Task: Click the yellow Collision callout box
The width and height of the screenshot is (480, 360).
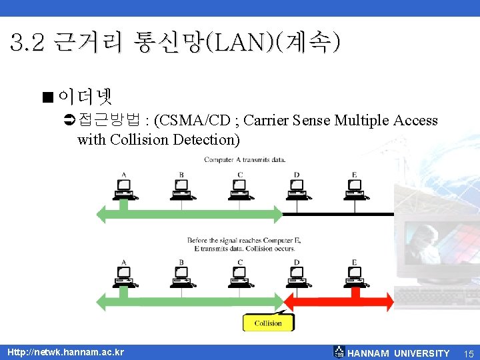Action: click(268, 323)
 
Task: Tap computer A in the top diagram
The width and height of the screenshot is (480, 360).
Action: click(123, 189)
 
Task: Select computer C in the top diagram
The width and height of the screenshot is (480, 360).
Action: click(239, 189)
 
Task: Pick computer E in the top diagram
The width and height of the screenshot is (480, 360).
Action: click(355, 189)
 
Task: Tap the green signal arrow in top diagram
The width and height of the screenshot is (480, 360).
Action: click(190, 214)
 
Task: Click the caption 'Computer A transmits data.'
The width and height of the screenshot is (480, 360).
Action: click(245, 159)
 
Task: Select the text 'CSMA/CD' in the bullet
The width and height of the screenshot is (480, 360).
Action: click(199, 121)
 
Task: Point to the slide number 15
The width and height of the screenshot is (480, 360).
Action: click(468, 353)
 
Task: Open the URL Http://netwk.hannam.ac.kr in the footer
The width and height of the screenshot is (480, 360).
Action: click(65, 352)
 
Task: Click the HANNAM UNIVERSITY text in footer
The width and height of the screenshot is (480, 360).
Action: click(399, 353)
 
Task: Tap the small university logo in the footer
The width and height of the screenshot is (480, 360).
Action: click(339, 352)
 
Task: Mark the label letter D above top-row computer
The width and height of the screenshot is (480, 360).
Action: click(297, 175)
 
